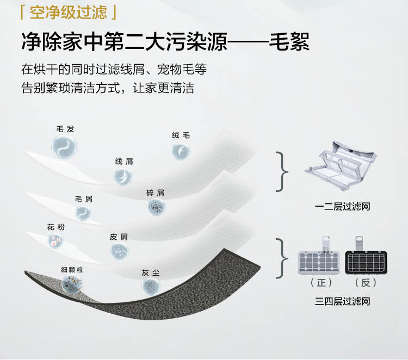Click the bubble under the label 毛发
coord(65,146)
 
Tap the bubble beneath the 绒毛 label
coord(181,151)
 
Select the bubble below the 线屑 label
coord(123,176)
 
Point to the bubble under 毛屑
coord(84,213)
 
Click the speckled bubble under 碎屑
coord(156,207)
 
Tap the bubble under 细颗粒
coord(72,283)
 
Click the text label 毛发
coord(65,129)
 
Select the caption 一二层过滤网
coord(342,206)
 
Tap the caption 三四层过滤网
coord(342,301)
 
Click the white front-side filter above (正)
coord(320,262)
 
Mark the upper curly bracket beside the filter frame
coord(282,171)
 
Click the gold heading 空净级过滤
coord(68,11)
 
